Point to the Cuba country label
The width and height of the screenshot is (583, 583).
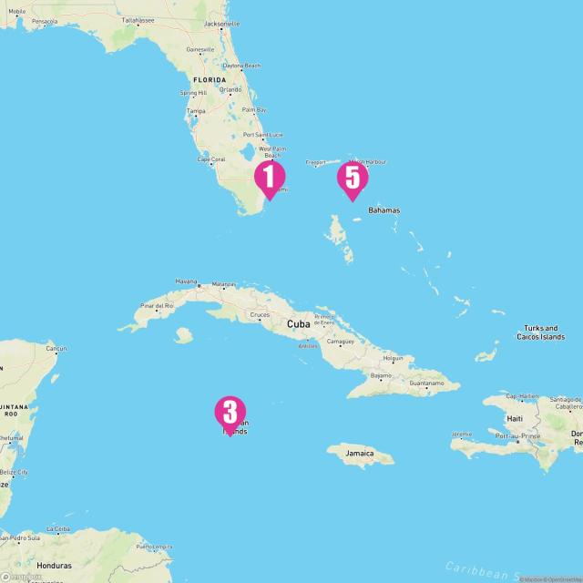298,323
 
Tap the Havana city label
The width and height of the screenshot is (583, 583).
186,281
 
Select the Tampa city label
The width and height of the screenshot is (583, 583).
195,111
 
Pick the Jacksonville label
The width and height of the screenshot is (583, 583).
222,23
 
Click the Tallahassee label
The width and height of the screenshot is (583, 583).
138,19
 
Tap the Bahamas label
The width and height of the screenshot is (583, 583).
384,210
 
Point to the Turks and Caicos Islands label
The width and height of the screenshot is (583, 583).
540,332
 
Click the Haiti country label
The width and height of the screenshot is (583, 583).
515,418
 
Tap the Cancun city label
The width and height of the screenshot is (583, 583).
57,349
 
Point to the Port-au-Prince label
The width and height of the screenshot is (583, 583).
518,435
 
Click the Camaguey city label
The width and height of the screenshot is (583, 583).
341,343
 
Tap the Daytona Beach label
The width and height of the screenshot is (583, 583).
241,66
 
